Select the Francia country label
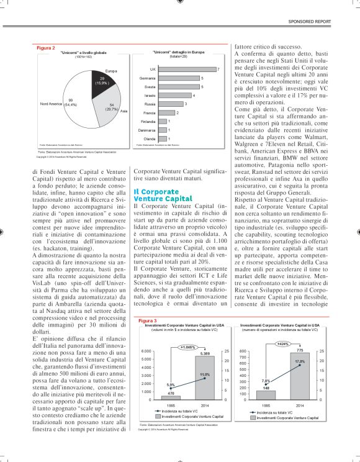pyautogui.click(x=149, y=113)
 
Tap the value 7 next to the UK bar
pyautogui.click(x=218, y=70)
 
